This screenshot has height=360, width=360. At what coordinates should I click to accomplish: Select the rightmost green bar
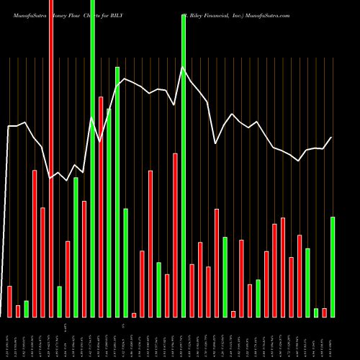[x=333, y=266]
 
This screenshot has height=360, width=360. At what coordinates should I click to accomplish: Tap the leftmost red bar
[x=10, y=301]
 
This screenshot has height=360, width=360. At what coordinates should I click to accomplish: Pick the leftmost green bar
[x=27, y=308]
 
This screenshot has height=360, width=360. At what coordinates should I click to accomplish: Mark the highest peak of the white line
[x=183, y=68]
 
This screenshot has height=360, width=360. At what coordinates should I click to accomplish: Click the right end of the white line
[x=332, y=138]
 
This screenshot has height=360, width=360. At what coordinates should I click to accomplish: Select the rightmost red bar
[x=324, y=312]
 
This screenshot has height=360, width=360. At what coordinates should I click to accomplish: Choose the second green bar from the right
[x=316, y=312]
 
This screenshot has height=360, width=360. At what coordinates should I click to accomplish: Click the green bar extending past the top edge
[x=93, y=158]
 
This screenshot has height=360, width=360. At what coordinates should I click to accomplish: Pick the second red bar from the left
[x=18, y=310]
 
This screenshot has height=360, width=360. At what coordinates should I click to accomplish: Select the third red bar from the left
[x=35, y=243]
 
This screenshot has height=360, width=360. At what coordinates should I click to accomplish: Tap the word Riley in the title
[x=194, y=15]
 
